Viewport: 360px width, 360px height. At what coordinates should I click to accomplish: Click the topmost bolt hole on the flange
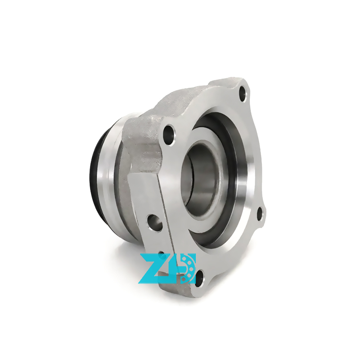243,93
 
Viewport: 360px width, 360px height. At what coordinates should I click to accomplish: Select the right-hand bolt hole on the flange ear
260,214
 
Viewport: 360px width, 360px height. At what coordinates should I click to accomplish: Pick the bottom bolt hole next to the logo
200,278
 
